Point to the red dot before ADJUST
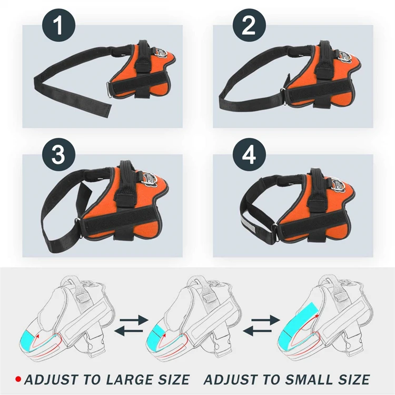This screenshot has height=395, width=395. pos(18,379)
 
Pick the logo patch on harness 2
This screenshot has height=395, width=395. pos(343,54)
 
